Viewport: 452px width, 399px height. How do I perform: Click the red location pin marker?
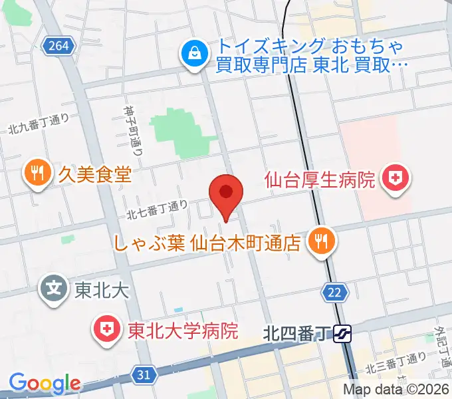[x=226, y=194]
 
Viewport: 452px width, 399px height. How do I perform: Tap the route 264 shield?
[x=58, y=46]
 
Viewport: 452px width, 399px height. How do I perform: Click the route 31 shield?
[x=144, y=375]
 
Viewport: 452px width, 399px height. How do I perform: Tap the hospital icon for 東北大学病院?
[x=106, y=329]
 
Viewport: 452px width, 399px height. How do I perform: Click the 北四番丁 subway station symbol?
[x=342, y=332]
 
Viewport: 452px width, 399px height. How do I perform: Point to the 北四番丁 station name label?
[x=296, y=332]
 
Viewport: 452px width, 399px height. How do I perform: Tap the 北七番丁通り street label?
[x=157, y=209]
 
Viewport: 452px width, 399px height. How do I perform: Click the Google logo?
[x=45, y=383]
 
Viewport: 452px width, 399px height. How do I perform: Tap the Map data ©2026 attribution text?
[x=396, y=390]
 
